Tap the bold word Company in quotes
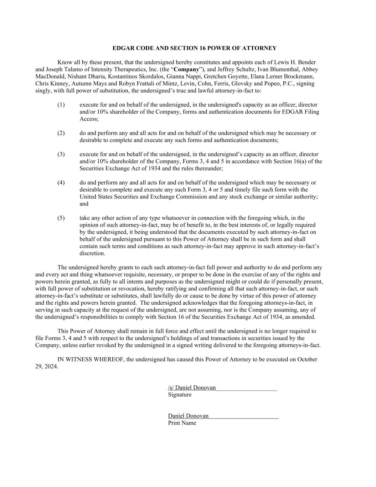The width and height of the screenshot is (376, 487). pyautogui.click(x=186, y=70)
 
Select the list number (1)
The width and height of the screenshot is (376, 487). pyautogui.click(x=61, y=105)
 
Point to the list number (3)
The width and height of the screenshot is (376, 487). pyautogui.click(x=61, y=154)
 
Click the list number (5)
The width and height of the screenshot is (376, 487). pyautogui.click(x=61, y=218)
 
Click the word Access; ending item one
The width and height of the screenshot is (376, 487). pyautogui.click(x=89, y=119)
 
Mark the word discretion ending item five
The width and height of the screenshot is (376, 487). pyautogui.click(x=92, y=253)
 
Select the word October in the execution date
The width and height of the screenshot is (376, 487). pyautogui.click(x=307, y=359)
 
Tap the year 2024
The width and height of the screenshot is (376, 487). pyautogui.click(x=50, y=366)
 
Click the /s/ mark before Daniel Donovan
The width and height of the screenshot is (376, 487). pyautogui.click(x=171, y=388)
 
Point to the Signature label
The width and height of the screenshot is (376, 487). pyautogui.click(x=180, y=395)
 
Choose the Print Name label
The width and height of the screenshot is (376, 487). pyautogui.click(x=182, y=423)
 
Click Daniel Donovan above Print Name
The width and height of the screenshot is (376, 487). pyautogui.click(x=188, y=416)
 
